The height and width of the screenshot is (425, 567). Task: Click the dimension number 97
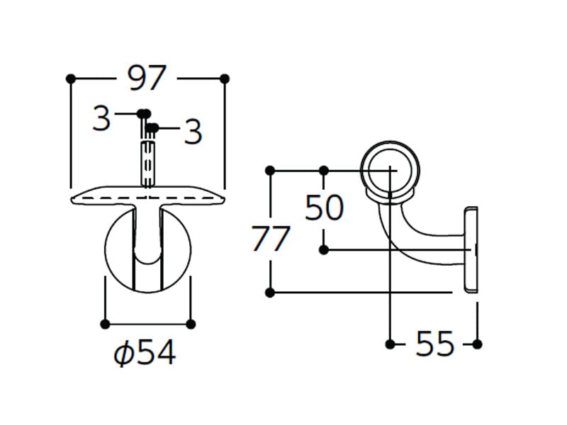pos(147,78)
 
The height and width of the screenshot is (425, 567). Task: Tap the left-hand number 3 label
pos(101,118)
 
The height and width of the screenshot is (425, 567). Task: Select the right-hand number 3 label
pos(193,132)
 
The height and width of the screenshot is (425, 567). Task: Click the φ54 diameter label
pos(145,352)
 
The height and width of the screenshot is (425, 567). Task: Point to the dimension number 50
pos(324,208)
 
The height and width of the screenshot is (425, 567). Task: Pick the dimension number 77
pos(271,239)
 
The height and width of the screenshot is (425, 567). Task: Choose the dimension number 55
pos(434,344)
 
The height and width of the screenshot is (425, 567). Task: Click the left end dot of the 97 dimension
pos(71,79)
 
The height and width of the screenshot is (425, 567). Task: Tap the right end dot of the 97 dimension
pos(225,79)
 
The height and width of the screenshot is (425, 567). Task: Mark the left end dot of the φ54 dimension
pos(105,324)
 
